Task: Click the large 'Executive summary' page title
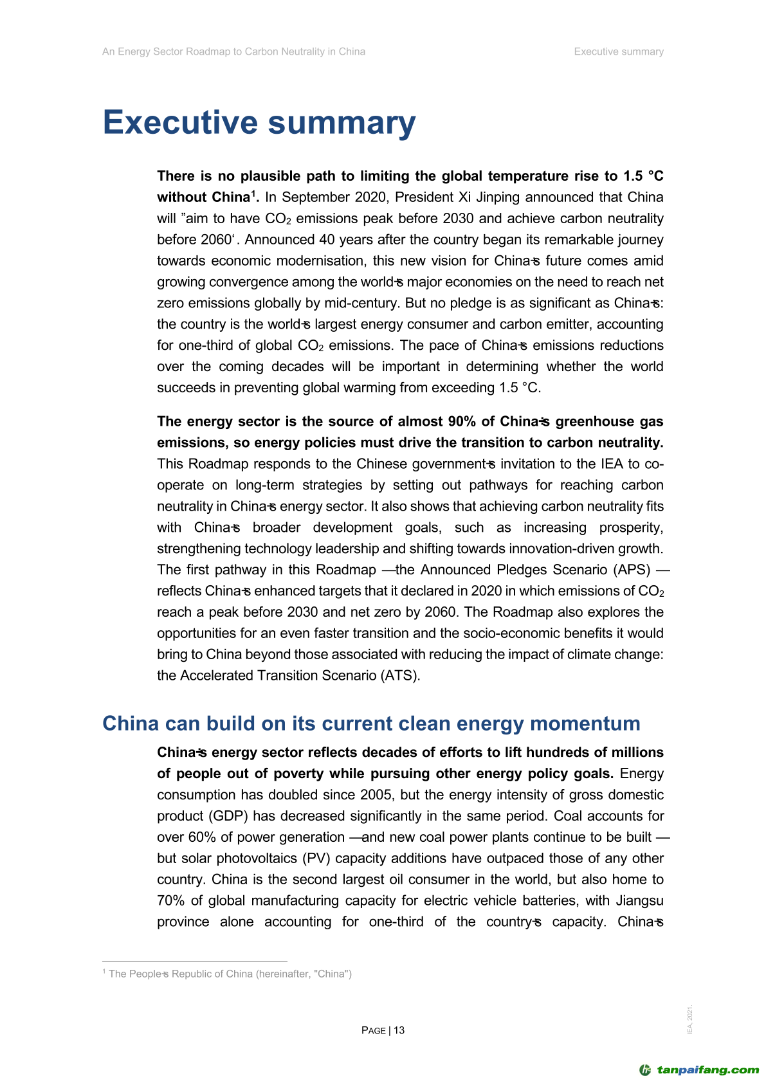[259, 122]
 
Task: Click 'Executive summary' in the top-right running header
[619, 51]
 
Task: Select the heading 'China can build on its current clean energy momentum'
[371, 724]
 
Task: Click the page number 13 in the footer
[399, 1030]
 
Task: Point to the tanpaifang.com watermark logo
[699, 1070]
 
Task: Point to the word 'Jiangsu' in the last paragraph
[639, 901]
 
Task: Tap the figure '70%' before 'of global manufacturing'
[170, 901]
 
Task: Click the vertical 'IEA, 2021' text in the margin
[690, 1020]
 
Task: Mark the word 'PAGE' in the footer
[374, 1030]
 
